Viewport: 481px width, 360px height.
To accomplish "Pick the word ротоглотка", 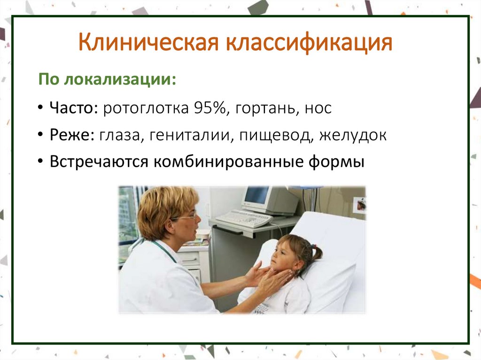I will tap(146, 108).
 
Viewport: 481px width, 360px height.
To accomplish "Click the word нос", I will tap(318, 108).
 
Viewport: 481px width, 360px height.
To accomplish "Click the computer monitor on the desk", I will tap(269, 199).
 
